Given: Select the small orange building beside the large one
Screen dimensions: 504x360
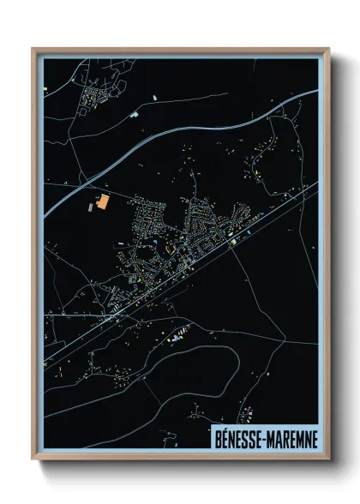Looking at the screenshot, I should [x=90, y=207].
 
